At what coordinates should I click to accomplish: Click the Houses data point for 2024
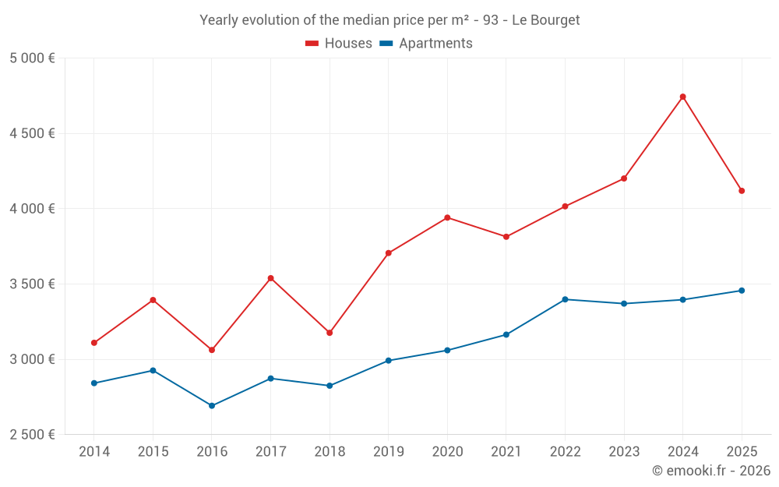tap(683, 97)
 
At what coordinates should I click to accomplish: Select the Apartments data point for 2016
tap(212, 406)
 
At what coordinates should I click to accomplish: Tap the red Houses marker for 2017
tap(270, 278)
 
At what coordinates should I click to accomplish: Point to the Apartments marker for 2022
tap(565, 299)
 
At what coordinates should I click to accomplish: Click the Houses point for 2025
tap(742, 191)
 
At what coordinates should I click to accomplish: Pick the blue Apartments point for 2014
tap(94, 383)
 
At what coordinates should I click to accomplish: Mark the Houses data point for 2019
tap(388, 253)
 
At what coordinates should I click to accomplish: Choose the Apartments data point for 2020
tap(447, 351)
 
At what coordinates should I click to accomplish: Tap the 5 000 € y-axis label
tap(32, 58)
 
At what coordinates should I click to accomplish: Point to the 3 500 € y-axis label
tap(32, 284)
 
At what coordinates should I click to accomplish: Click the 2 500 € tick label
tap(32, 435)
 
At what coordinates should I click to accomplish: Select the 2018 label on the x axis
tap(330, 451)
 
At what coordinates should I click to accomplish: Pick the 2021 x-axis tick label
tap(506, 451)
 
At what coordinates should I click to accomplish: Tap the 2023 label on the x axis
tap(624, 451)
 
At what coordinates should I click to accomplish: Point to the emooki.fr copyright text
tap(711, 471)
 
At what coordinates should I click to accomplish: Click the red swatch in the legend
tap(312, 44)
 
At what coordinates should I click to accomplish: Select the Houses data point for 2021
tap(506, 237)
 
